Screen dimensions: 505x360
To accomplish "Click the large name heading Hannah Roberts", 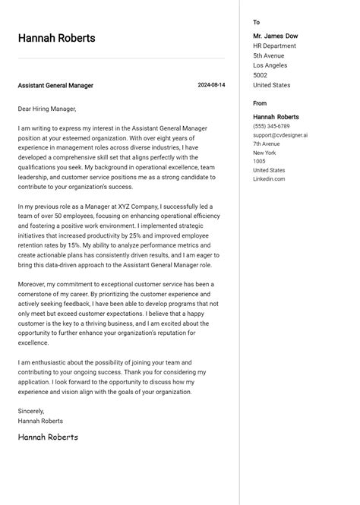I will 57,38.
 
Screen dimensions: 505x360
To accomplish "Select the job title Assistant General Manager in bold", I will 55,86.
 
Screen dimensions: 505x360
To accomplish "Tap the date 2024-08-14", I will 211,85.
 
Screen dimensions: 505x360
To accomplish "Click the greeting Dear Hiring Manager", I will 47,109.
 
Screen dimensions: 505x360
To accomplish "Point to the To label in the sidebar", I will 257,23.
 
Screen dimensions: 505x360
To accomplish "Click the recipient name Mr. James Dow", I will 276,36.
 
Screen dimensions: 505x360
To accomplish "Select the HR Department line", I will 275,46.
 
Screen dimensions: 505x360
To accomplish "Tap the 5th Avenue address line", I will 269,55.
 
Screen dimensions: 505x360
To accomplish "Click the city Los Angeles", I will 271,65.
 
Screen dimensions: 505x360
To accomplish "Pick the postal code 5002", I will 261,75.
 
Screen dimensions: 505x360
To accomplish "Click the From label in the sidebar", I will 260,103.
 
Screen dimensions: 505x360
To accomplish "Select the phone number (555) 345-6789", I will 271,126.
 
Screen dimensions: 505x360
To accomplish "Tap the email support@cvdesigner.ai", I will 280,135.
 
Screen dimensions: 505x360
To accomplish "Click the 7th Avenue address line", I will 267,144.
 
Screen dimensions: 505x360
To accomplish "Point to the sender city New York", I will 265,153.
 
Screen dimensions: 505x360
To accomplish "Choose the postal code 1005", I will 260,161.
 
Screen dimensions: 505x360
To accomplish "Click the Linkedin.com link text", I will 269,179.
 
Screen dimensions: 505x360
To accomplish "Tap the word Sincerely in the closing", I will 32,411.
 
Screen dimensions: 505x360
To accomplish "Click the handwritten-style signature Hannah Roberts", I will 48,437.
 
